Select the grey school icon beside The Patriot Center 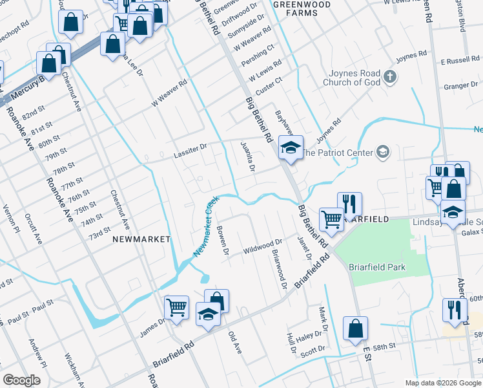tap(383, 153)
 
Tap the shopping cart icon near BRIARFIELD tap(331, 219)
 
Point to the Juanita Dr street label tap(247, 156)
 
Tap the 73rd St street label tap(100, 232)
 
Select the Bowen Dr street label tap(223, 241)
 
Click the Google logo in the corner tap(22, 380)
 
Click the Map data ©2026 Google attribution tap(442, 383)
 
